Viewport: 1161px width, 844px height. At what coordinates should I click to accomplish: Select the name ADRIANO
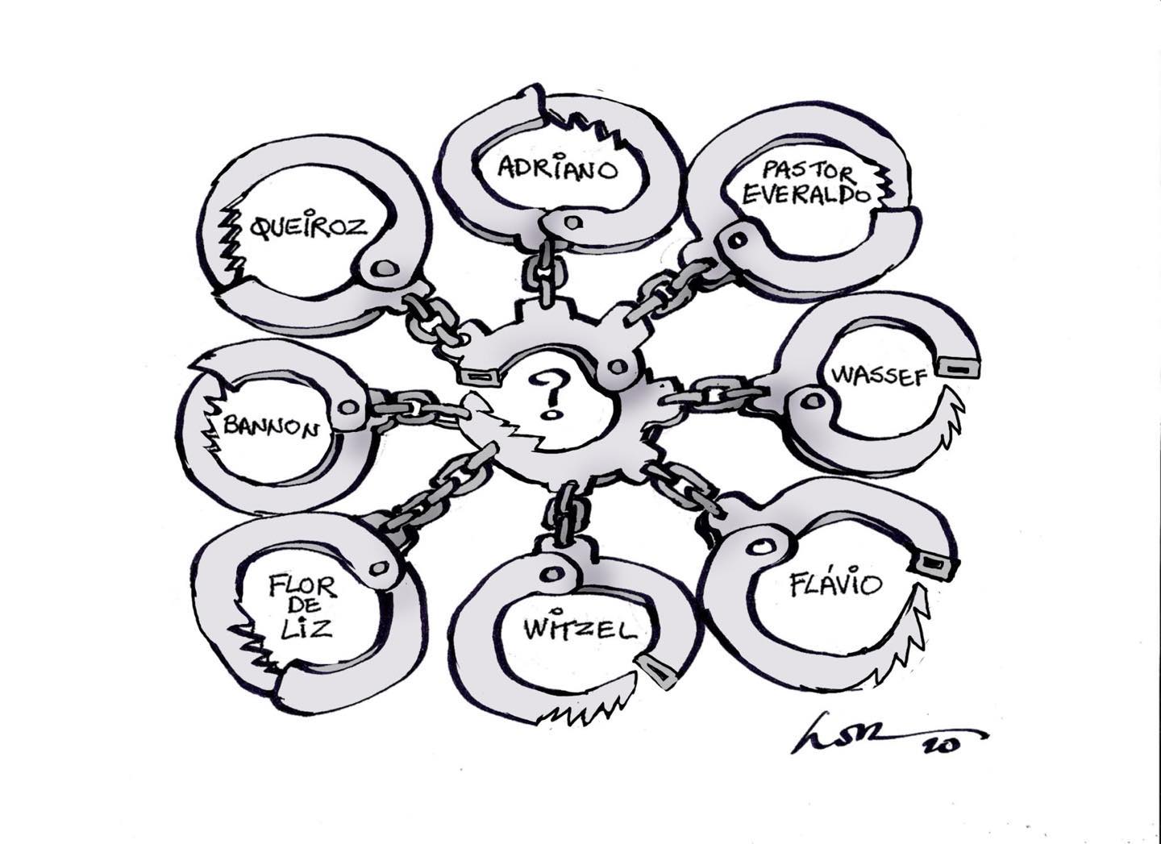pos(557,168)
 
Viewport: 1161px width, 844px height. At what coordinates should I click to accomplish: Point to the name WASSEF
pos(876,376)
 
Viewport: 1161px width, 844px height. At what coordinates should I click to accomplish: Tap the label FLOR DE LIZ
pos(299,605)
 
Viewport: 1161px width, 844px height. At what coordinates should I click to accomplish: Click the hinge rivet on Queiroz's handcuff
pos(385,268)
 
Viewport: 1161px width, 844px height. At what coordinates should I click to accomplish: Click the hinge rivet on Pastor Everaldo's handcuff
pos(734,239)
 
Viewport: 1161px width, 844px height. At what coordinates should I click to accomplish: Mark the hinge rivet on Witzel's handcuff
pos(551,570)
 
